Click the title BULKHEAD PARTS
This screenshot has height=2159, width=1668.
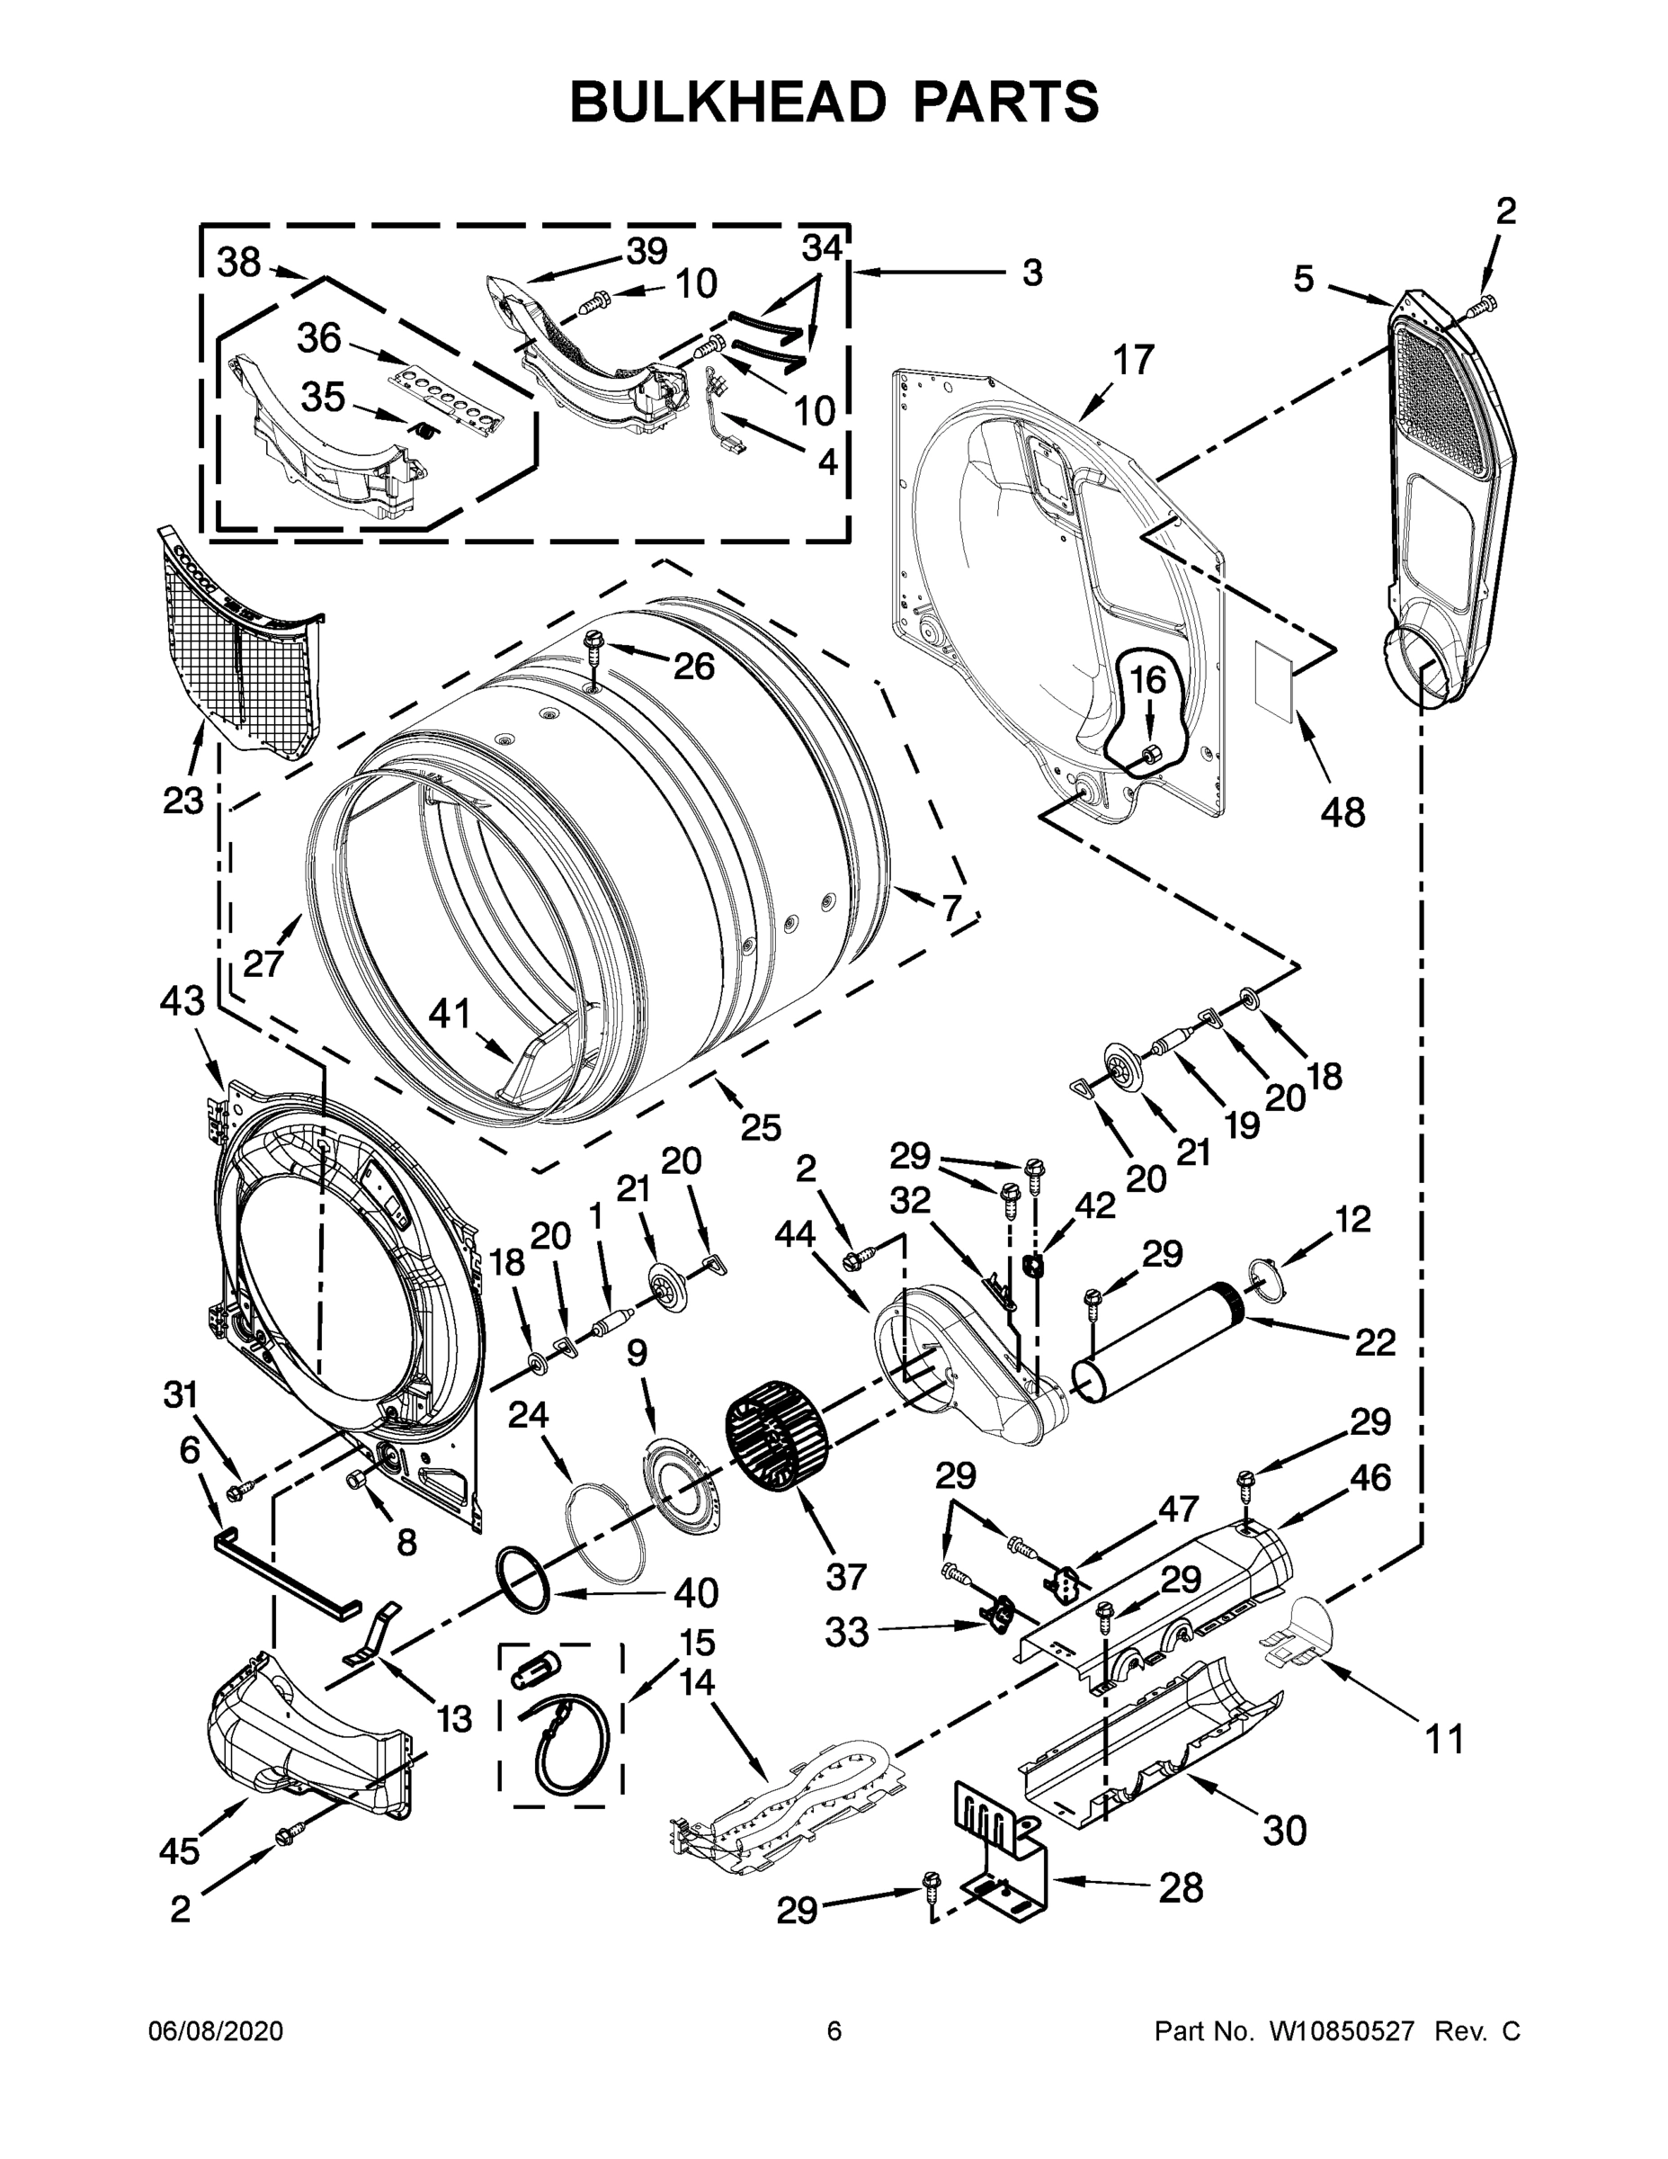pyautogui.click(x=834, y=102)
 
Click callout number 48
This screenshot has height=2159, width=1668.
pyautogui.click(x=1342, y=811)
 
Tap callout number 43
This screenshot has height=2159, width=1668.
pyautogui.click(x=183, y=1000)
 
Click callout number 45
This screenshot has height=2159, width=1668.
pyautogui.click(x=179, y=1850)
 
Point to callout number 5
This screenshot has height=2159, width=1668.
pyautogui.click(x=1305, y=280)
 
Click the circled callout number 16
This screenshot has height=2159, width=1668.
pyautogui.click(x=1147, y=680)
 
